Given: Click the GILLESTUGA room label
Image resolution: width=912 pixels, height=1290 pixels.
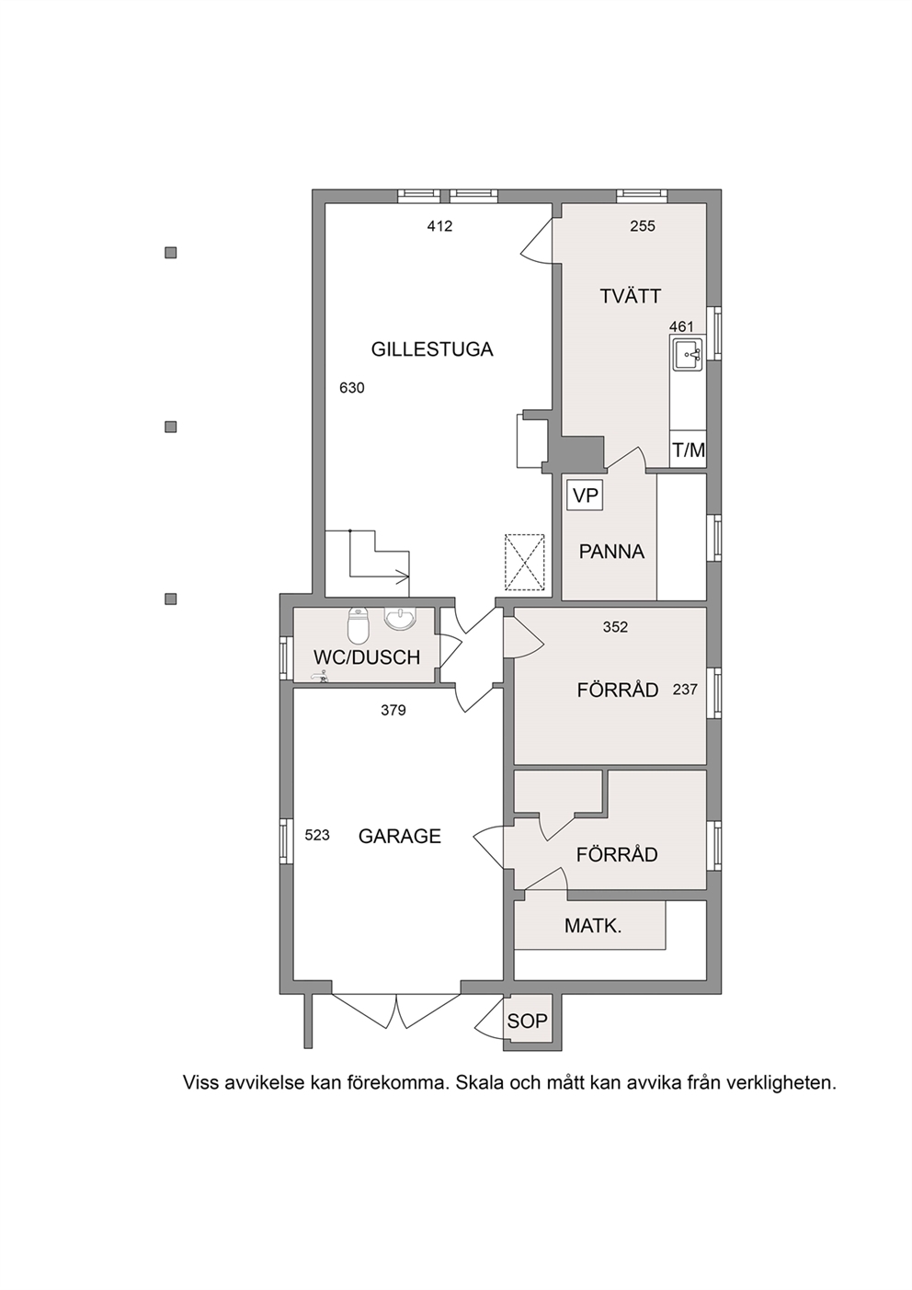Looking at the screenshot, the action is pyautogui.click(x=432, y=349).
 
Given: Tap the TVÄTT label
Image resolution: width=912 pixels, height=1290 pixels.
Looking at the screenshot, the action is pyautogui.click(x=631, y=297).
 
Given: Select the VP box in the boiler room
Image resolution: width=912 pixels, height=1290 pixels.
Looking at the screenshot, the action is pyautogui.click(x=585, y=496).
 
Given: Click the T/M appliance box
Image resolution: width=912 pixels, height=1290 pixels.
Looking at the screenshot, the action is pyautogui.click(x=689, y=450).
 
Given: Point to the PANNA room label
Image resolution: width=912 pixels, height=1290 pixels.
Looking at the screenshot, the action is pyautogui.click(x=611, y=552).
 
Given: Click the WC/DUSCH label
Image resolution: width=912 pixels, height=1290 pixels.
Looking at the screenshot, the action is pyautogui.click(x=367, y=657).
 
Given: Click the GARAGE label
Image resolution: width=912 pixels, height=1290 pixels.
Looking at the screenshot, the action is pyautogui.click(x=400, y=836).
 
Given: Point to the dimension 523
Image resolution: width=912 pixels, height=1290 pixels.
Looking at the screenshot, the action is pyautogui.click(x=317, y=835).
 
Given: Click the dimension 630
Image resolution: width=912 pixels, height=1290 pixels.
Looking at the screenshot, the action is pyautogui.click(x=352, y=388).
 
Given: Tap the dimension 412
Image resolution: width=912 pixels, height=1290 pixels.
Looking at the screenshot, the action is pyautogui.click(x=439, y=226).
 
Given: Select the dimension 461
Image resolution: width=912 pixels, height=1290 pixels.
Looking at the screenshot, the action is pyautogui.click(x=681, y=326).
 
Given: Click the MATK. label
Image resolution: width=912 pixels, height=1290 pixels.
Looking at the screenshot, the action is pyautogui.click(x=593, y=926).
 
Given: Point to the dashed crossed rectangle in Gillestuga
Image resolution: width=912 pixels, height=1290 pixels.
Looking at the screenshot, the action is pyautogui.click(x=525, y=562).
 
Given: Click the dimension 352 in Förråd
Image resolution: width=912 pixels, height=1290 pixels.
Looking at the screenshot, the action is pyautogui.click(x=615, y=626).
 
